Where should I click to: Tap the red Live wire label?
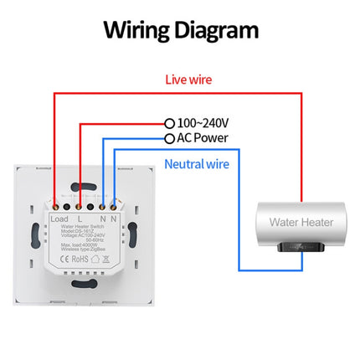tap(188, 80)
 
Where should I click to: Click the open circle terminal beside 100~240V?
tap(170, 122)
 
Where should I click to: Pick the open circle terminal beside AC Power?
tap(170, 137)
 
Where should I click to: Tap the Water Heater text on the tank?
tap(301, 223)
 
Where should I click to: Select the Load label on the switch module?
tap(59, 220)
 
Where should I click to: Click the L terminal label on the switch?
tap(80, 220)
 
